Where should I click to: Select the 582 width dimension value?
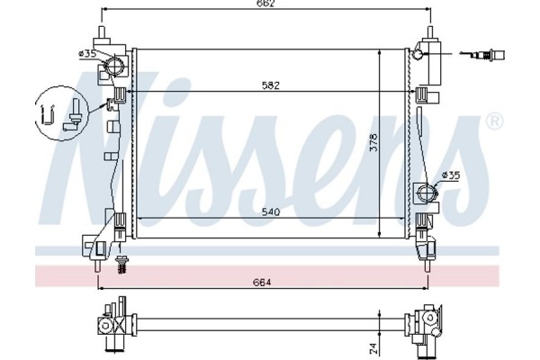coord(269,86)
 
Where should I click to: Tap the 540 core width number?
coord(269,213)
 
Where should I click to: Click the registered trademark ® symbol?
coord(493,121)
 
